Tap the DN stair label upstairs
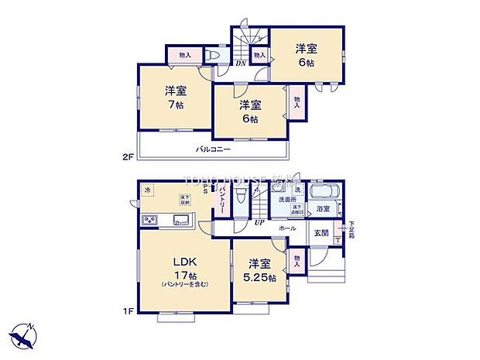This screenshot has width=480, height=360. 241,64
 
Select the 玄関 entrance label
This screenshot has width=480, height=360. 321,232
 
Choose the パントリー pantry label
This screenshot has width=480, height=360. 222,201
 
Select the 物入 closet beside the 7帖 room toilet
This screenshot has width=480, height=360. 184,56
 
